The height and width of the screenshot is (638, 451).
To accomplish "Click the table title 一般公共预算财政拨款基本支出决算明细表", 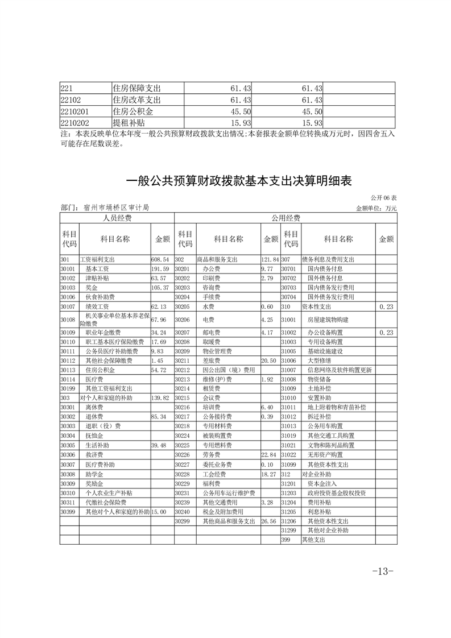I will (238, 181).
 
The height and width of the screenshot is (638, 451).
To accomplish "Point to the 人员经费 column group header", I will (117, 218).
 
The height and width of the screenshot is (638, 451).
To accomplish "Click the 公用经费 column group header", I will (286, 218).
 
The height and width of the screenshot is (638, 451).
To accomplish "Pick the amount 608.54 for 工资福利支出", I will (160, 259).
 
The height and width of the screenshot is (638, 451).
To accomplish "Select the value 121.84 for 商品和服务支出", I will (270, 259).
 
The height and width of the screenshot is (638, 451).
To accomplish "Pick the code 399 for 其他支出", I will (286, 539).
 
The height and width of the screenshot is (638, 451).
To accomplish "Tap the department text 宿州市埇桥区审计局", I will (116, 208).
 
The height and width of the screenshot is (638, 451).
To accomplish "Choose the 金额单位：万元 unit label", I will (376, 208).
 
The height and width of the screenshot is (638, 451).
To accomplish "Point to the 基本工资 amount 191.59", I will (160, 268).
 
